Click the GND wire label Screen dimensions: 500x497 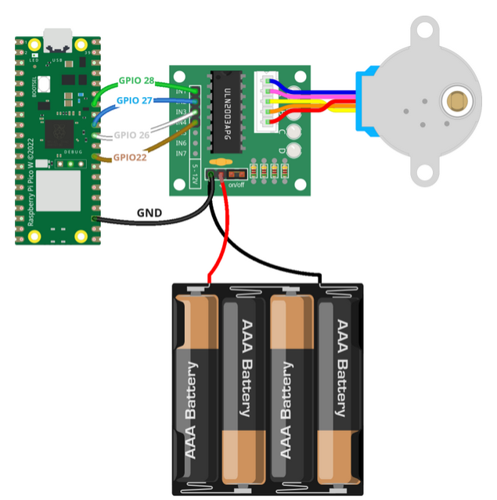[149, 212]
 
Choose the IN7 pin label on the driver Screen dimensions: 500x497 [181, 153]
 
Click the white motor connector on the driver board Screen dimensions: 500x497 [263, 100]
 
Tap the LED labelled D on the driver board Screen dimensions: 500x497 [294, 149]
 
